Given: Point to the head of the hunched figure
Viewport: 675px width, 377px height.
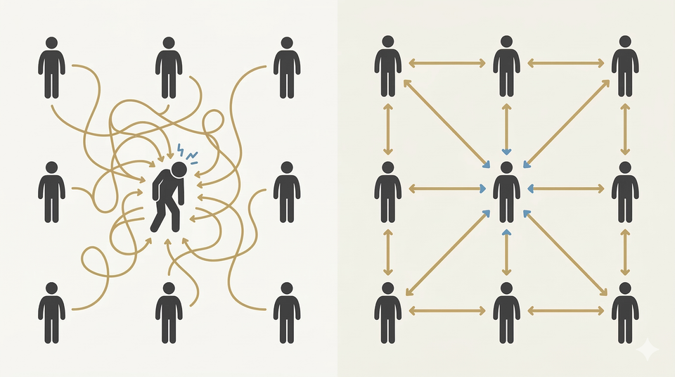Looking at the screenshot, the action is point(179,170).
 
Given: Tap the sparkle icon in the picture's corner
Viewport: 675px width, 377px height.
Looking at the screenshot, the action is point(645,349).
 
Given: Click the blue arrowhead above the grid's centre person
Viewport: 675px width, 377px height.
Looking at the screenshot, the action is point(506,151).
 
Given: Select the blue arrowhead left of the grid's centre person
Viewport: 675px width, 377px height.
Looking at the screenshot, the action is point(483,188).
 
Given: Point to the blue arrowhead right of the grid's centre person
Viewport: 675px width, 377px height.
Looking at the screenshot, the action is point(529,188).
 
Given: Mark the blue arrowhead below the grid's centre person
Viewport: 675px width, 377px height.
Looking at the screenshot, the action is point(506,231).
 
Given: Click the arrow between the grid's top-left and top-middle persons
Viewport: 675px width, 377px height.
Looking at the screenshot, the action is point(447,63).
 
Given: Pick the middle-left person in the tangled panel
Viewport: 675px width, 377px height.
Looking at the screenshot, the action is point(51,191).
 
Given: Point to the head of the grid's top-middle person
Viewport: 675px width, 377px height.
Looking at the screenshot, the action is point(506,42).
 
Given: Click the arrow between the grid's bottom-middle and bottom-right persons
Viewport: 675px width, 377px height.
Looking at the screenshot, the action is point(566,310).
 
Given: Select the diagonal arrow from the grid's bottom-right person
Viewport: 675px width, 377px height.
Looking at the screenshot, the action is point(567,253).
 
